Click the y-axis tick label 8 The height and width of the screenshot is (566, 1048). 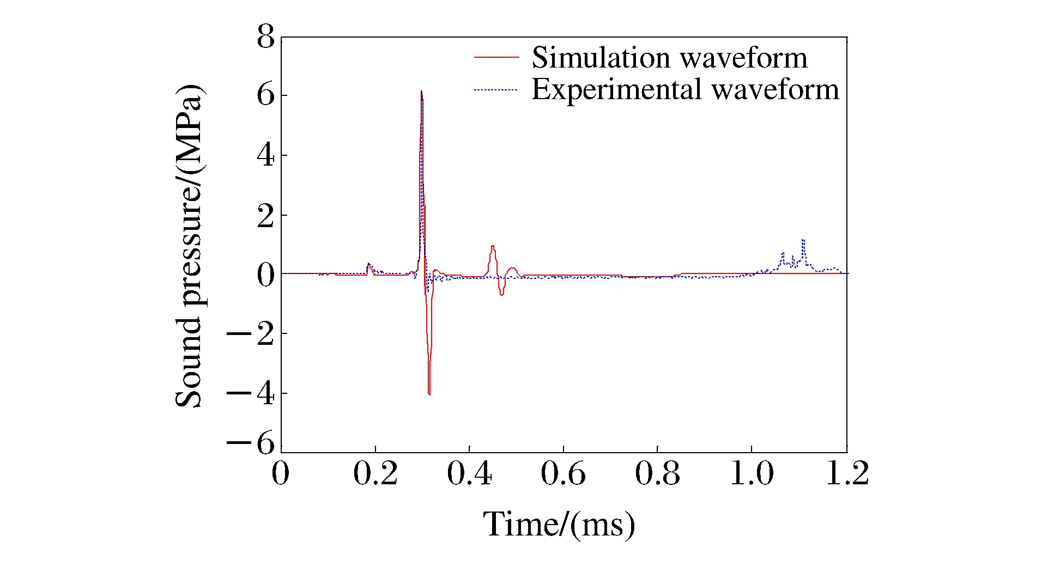click(266, 38)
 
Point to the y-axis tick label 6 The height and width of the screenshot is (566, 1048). click(266, 96)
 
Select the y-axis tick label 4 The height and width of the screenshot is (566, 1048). click(266, 156)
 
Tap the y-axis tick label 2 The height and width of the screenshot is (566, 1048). click(266, 216)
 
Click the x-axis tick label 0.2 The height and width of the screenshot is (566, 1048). click(375, 473)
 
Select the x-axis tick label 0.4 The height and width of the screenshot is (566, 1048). click(469, 473)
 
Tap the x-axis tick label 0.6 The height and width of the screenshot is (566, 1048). click(563, 473)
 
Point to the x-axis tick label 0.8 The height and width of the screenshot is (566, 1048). click(657, 473)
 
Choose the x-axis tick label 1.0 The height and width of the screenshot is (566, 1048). click(752, 473)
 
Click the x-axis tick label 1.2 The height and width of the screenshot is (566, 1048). click(847, 473)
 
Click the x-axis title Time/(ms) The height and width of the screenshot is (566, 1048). click(559, 525)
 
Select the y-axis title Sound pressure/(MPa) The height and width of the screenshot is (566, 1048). click(189, 246)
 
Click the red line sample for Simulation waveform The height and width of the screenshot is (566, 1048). click(496, 57)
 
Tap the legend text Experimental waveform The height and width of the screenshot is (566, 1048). click(685, 89)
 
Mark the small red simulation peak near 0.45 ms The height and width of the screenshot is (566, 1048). click(493, 246)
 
